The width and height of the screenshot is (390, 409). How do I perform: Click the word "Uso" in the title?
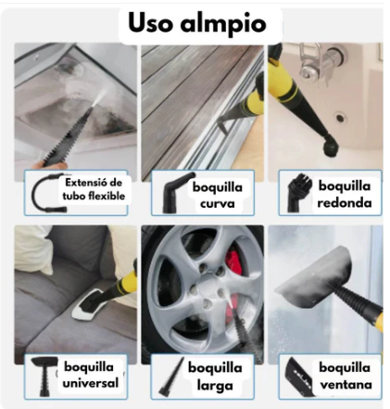click(149, 23)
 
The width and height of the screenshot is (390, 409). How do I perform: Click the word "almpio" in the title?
click(223, 24)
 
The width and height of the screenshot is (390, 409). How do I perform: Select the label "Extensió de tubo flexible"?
click(94, 189)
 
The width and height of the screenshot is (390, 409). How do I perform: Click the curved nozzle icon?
click(175, 193)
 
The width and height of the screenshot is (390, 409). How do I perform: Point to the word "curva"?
click(218, 204)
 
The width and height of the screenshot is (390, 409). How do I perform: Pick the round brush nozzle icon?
click(296, 192)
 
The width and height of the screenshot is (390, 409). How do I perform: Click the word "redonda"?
click(345, 203)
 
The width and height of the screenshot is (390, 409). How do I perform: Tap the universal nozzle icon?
click(45, 377)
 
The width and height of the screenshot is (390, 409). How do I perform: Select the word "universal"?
click(91, 383)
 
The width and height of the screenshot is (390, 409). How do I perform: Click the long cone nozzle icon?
click(171, 377)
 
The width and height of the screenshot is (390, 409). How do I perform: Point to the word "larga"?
click(215, 386)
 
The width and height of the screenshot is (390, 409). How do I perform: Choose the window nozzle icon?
click(298, 377)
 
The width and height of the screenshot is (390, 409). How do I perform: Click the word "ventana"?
click(346, 385)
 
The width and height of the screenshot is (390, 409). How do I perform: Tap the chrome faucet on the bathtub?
click(321, 61)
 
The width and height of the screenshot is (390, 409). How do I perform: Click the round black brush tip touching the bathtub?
click(331, 147)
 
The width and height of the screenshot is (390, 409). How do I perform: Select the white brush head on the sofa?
click(87, 304)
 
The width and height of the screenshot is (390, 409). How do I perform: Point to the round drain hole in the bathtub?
click(340, 118)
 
